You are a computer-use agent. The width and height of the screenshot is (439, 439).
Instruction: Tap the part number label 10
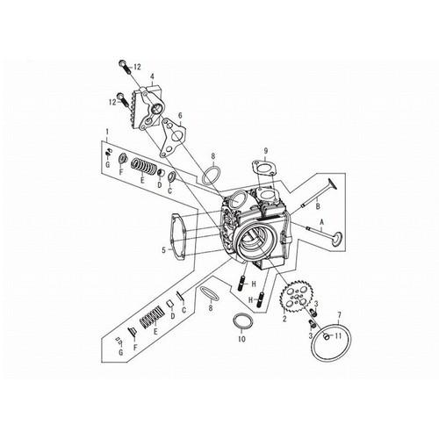click(242, 339)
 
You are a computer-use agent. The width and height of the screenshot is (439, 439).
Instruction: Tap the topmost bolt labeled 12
click(126, 68)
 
